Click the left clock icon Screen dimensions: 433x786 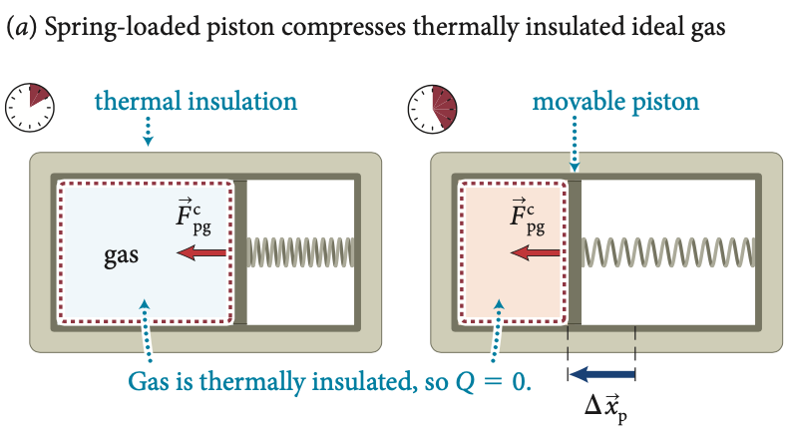(30, 104)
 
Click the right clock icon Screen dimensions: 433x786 (433, 107)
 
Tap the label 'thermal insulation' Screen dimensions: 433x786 (196, 102)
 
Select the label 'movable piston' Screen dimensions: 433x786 (615, 102)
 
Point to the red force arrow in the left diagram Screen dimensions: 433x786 (202, 253)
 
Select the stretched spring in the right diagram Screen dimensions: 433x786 (667, 252)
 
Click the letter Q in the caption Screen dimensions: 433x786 (471, 380)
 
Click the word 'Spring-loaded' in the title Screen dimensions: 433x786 (104, 30)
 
